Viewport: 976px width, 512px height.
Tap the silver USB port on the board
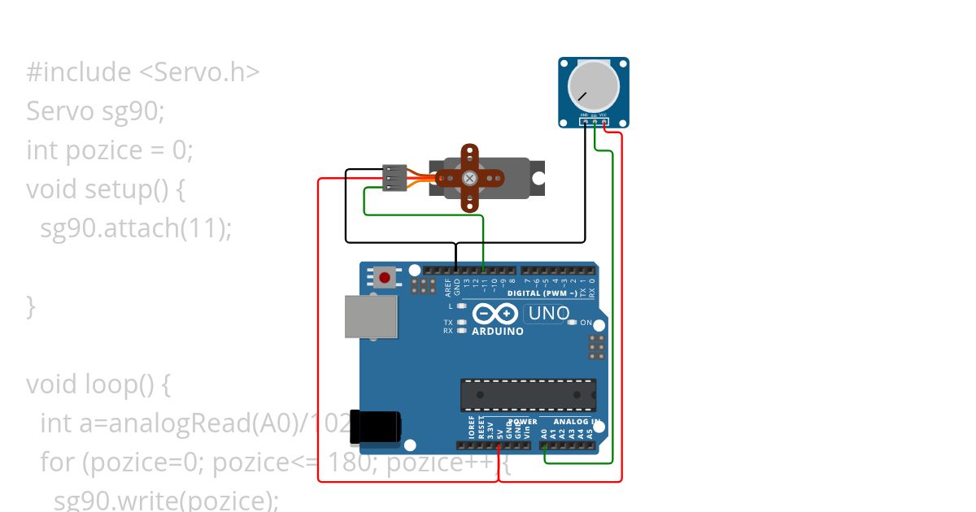371,316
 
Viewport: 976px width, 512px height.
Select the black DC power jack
376,427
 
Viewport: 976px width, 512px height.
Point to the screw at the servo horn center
469,178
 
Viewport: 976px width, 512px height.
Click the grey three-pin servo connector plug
394,178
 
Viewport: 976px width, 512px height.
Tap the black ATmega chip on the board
528,395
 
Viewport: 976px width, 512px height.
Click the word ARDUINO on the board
498,332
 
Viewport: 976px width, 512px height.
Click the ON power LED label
586,323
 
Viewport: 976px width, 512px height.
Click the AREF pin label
447,287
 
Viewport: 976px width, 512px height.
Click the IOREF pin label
472,428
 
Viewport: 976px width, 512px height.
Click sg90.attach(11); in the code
136,228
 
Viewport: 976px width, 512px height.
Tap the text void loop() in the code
98,384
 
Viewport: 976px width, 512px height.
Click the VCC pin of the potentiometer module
605,121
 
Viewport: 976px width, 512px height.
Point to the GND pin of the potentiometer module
585,121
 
